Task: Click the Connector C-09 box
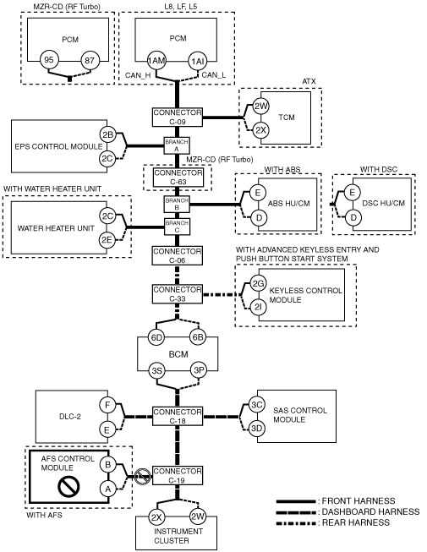coord(178,117)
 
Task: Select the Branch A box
coord(177,145)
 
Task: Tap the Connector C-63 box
coord(178,177)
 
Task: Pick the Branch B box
coord(177,204)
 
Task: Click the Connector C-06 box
coord(178,255)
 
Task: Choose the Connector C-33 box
coord(178,294)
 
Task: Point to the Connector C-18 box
coord(178,416)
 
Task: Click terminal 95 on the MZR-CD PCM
coord(49,60)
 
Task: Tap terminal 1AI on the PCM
coord(197,61)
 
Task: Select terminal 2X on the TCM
coord(260,130)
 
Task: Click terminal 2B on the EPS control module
coord(107,134)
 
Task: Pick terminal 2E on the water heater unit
coord(107,240)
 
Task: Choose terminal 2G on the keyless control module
coord(258,284)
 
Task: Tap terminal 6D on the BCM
coord(156,337)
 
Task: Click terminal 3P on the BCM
coord(199,370)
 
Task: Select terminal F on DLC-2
coord(107,405)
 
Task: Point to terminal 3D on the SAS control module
coord(256,429)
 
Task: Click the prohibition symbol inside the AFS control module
coord(68,486)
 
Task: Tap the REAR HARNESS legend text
coord(356,522)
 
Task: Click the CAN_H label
coord(138,75)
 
